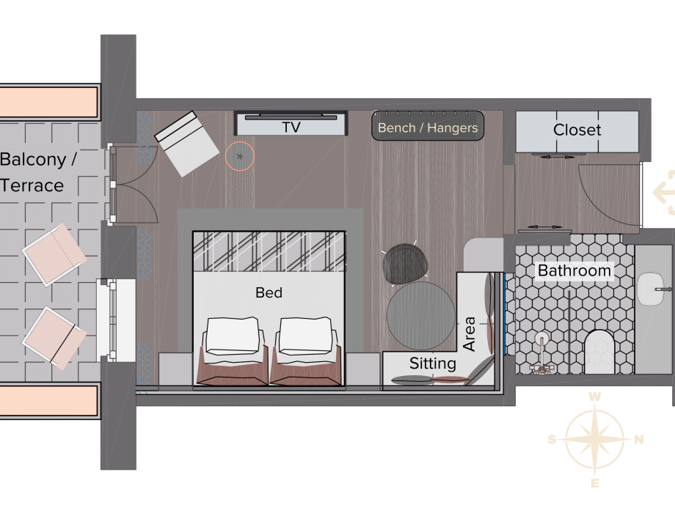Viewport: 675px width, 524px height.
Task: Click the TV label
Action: coord(291,128)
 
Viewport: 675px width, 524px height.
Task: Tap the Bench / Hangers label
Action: coord(428,128)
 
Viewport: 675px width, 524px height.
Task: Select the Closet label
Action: coord(577,130)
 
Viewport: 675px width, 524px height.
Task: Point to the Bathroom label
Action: coord(574,271)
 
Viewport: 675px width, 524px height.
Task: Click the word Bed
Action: coord(269,292)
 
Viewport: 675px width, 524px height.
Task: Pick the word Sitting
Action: coord(433,364)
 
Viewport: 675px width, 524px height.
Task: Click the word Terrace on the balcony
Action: coord(32,185)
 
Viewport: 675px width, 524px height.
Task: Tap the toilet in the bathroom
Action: coord(599,351)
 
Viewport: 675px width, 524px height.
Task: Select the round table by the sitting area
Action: coord(420,316)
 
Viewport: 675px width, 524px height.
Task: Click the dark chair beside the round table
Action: coord(405,264)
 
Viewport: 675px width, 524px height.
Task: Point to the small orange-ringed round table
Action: coord(240,157)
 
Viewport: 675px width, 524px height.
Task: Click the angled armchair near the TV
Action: coord(187,144)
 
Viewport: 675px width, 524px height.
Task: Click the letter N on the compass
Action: coord(639,439)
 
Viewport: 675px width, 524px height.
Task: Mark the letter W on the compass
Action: coord(594,396)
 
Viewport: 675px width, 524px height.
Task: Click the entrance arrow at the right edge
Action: coord(664,192)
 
